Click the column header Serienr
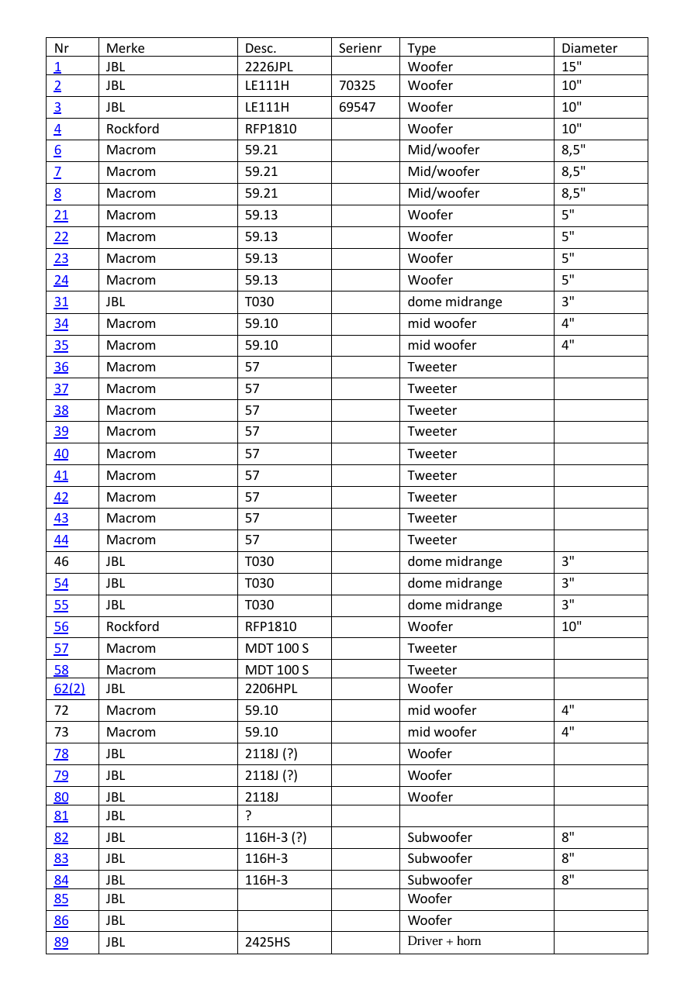(x=361, y=48)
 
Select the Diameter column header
(x=589, y=48)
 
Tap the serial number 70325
(x=358, y=85)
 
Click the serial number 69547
(x=358, y=107)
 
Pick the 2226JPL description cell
(x=269, y=67)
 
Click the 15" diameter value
(x=572, y=67)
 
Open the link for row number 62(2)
(x=70, y=688)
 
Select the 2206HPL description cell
(x=271, y=688)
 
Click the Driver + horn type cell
(x=444, y=941)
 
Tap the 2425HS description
(x=268, y=943)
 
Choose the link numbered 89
(x=61, y=943)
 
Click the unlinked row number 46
(x=61, y=561)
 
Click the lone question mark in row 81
(x=248, y=816)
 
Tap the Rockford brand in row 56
(x=133, y=626)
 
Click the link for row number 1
(x=57, y=67)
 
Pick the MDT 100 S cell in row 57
(x=277, y=648)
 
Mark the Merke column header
(x=126, y=48)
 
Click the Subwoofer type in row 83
(x=440, y=858)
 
